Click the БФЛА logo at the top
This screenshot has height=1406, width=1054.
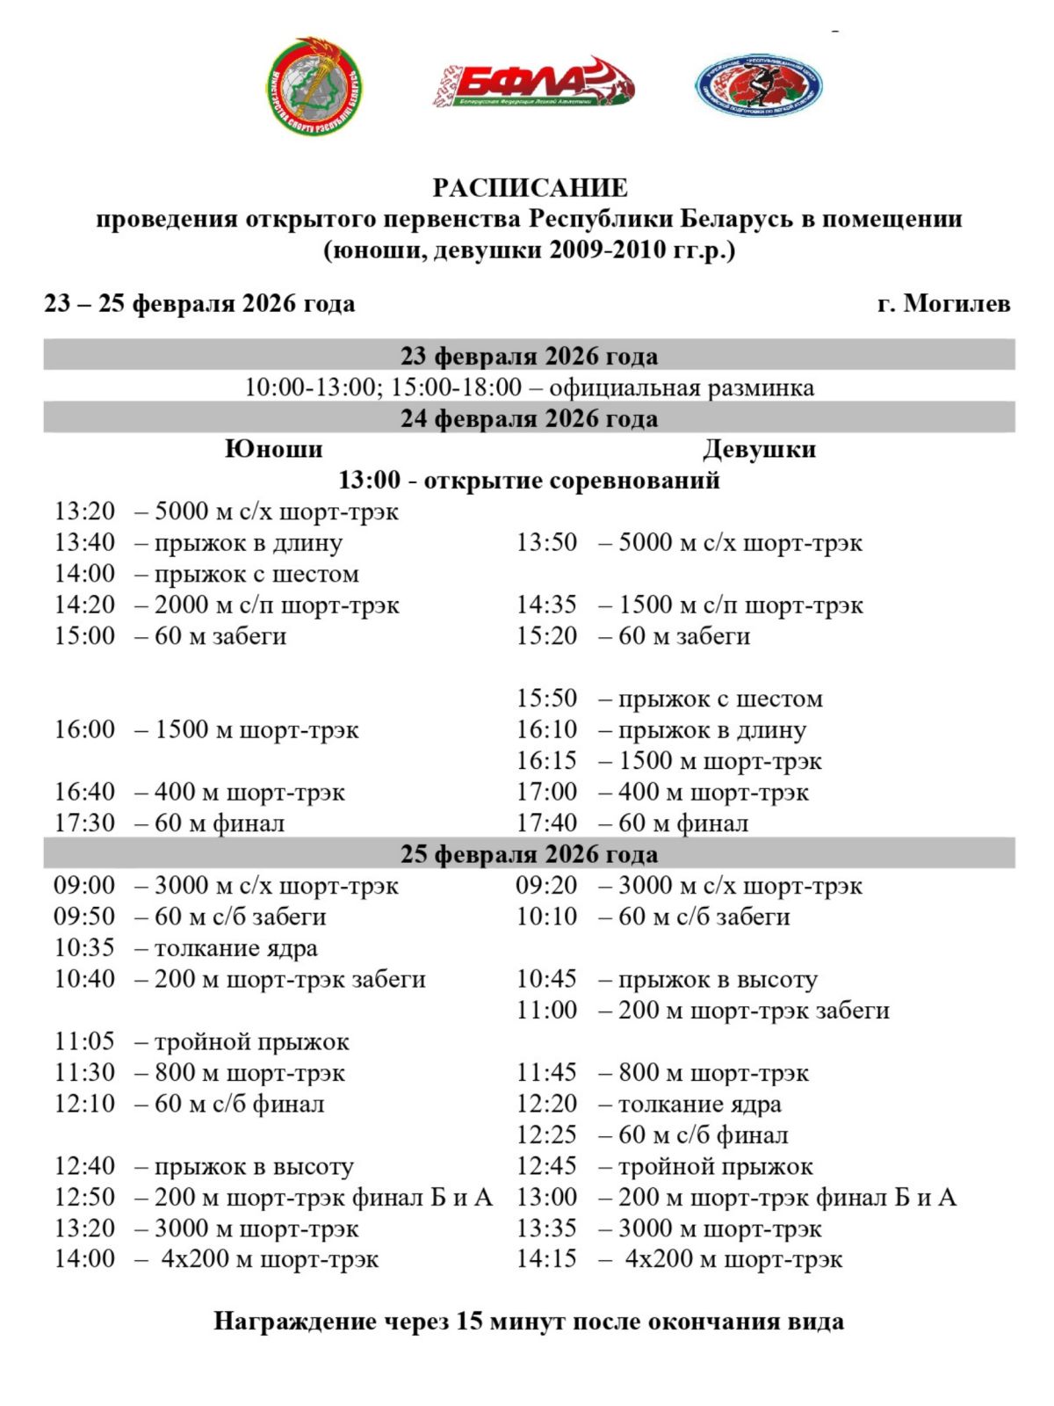click(532, 86)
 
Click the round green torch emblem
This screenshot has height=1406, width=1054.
click(314, 87)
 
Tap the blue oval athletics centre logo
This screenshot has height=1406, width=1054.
click(758, 86)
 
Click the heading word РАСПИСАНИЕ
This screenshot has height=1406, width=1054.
click(530, 188)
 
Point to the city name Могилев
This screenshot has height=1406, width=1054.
click(957, 304)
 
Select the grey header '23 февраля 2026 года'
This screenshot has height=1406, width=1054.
click(529, 356)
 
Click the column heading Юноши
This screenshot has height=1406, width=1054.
click(273, 449)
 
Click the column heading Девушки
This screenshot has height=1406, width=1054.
click(759, 449)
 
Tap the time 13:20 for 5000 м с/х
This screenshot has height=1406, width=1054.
click(84, 511)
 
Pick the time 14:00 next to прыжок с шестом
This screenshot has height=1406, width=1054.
click(84, 574)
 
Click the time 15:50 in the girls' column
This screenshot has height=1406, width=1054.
click(546, 699)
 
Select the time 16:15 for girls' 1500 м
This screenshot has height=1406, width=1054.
click(546, 761)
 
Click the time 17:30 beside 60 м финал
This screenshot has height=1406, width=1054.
click(84, 823)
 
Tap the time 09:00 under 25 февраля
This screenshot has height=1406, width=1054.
click(84, 886)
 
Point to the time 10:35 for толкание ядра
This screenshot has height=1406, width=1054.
click(84, 948)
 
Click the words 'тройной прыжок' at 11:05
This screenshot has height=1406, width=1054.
click(251, 1042)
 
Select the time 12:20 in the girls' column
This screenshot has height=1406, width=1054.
click(546, 1104)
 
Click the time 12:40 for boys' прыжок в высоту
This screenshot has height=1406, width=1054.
click(84, 1166)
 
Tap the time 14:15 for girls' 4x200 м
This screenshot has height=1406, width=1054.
click(546, 1259)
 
